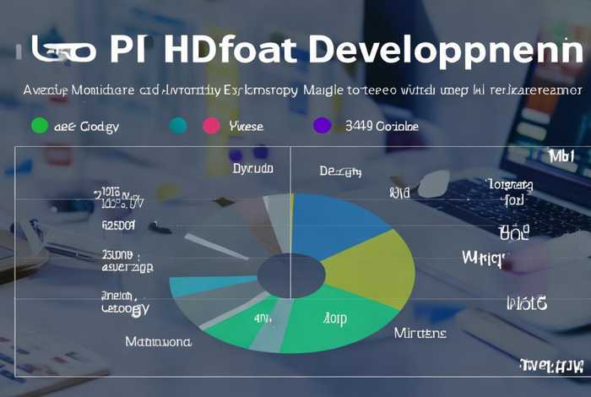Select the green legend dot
[38, 126]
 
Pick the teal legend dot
[178, 126]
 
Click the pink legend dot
[211, 126]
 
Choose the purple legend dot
[322, 126]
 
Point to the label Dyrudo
[253, 170]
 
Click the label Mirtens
[420, 333]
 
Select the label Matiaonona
[158, 342]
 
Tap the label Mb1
[561, 157]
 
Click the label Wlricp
[484, 257]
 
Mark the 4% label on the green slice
[261, 318]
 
